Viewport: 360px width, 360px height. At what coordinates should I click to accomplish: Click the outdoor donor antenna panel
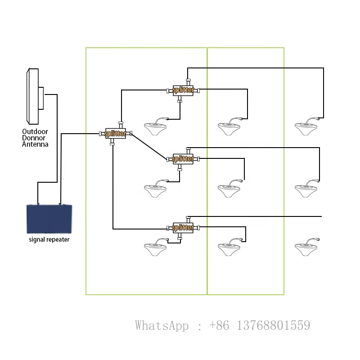point(33,96)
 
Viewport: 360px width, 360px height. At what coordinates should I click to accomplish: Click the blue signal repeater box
point(49,219)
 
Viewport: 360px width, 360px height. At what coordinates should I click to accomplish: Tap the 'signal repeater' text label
point(49,239)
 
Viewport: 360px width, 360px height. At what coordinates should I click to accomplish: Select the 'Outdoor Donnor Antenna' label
point(35,138)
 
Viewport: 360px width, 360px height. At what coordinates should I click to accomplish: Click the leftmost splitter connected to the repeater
point(116,134)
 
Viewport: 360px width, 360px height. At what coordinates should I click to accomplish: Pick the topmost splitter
point(183,90)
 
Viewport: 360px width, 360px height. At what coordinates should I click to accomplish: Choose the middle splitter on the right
point(183,159)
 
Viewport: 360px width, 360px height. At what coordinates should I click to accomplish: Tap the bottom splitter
point(183,228)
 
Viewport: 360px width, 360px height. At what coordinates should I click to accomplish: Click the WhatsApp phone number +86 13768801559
point(260,325)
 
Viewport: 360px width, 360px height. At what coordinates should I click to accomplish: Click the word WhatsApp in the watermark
point(162,325)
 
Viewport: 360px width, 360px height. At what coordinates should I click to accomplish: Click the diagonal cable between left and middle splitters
point(149,146)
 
